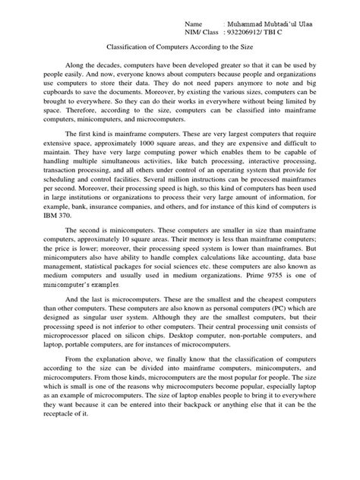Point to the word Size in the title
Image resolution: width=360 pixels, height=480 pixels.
(x=246, y=50)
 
